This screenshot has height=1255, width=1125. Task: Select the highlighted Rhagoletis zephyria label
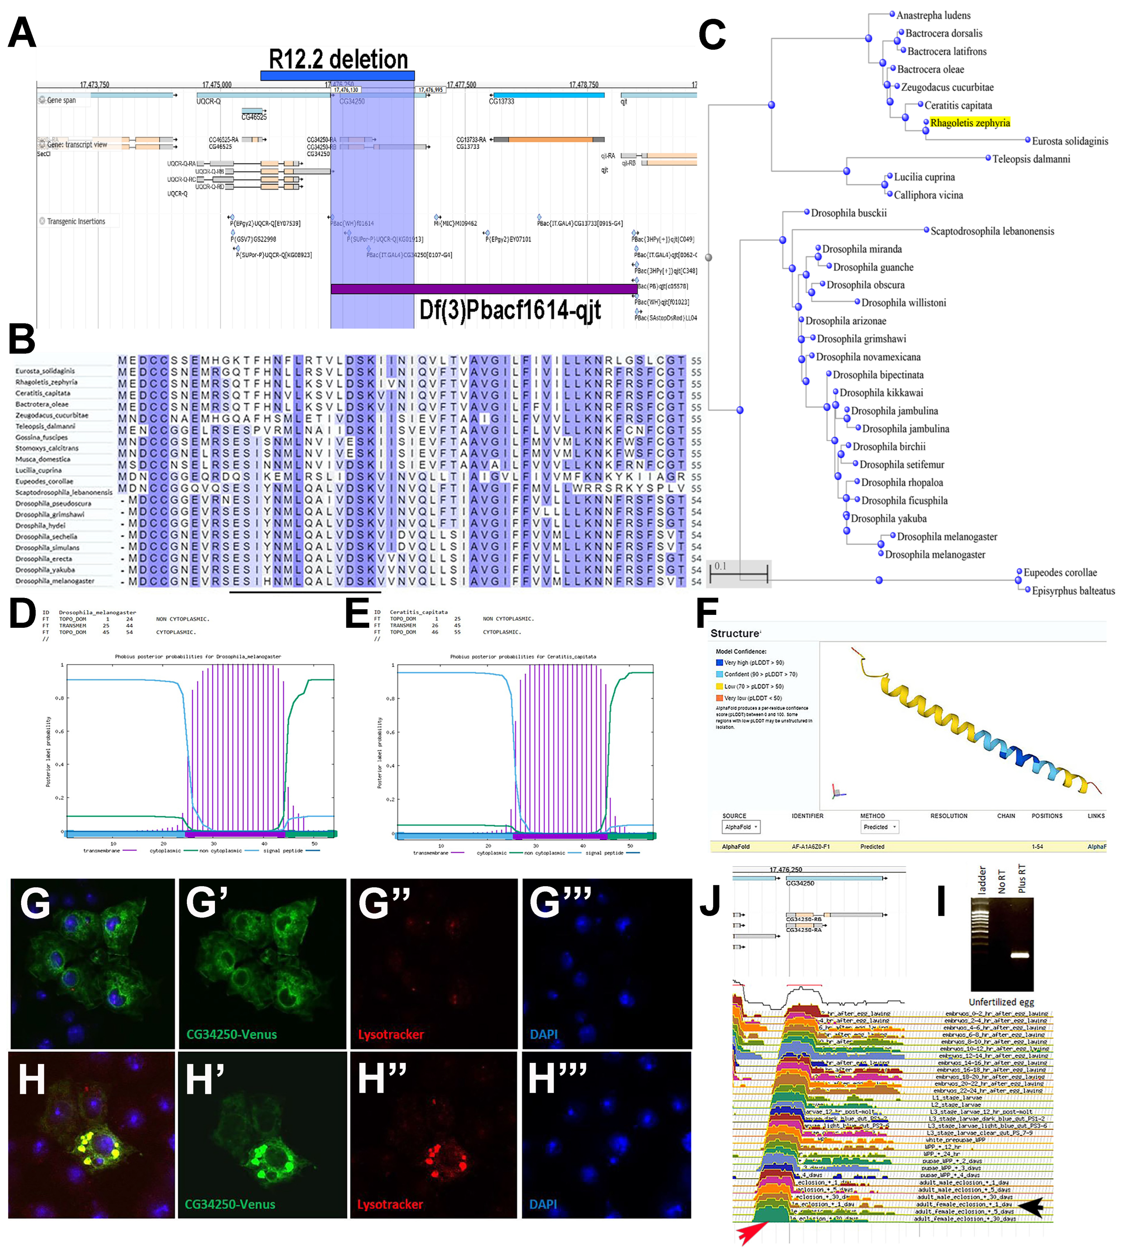(x=969, y=123)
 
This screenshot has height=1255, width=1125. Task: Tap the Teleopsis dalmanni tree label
(x=1031, y=159)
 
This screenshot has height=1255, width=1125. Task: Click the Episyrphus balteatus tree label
(x=1072, y=591)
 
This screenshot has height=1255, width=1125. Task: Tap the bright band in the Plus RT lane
(x=1019, y=955)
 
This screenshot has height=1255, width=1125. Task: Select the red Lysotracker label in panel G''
(x=391, y=1034)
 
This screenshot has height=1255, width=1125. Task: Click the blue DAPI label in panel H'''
(x=543, y=1204)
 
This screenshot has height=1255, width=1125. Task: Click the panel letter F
(x=707, y=613)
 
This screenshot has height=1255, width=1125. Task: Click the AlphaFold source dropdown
(x=740, y=827)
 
